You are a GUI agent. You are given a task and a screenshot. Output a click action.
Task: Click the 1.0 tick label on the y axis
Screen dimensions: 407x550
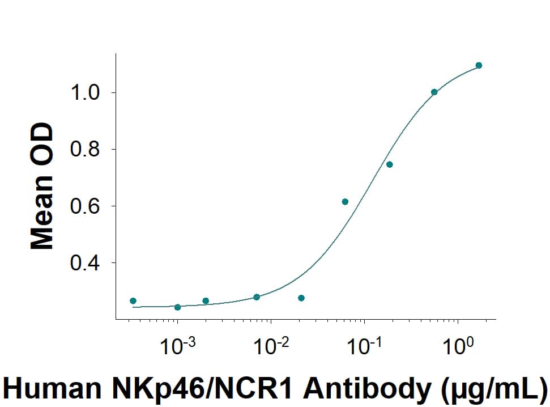pos(84,93)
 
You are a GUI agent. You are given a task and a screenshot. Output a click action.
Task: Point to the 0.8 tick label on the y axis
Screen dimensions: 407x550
pos(84,150)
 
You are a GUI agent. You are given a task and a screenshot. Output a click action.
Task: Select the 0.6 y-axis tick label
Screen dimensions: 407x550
pos(84,206)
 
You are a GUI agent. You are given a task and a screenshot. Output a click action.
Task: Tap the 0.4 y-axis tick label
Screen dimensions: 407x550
pos(84,263)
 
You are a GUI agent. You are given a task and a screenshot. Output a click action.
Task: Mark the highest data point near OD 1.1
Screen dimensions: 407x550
pos(479,65)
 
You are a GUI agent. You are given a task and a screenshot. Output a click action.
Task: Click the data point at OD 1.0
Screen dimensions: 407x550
pos(434,92)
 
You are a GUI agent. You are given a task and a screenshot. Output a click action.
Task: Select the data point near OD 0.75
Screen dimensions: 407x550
pos(389,164)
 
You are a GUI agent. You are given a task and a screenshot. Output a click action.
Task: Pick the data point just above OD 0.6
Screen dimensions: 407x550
pos(345,202)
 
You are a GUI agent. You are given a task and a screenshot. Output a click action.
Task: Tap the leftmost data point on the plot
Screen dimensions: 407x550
pos(133,300)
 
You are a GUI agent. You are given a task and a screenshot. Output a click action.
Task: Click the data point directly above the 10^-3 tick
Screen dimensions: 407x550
pos(177,307)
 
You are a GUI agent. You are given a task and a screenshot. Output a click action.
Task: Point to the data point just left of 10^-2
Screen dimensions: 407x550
pos(257,297)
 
